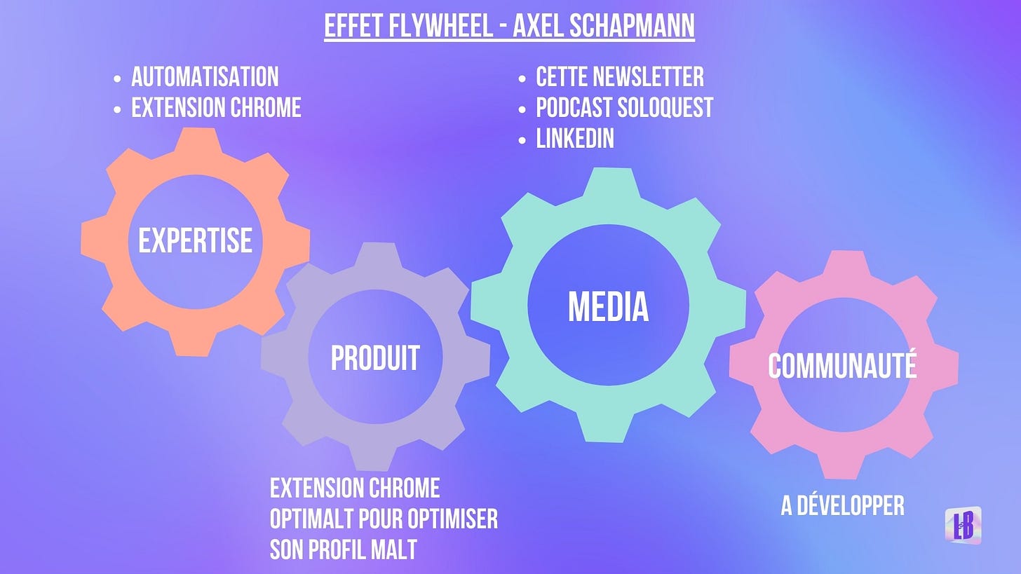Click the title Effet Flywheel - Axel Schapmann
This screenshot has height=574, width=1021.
tap(509, 26)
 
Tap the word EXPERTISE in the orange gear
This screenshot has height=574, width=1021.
tap(195, 240)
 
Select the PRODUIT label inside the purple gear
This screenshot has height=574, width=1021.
tap(375, 357)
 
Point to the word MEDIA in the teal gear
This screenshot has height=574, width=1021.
tap(608, 306)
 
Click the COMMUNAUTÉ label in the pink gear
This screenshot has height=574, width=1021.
tap(842, 365)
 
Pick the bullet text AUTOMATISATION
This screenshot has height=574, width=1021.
tap(205, 76)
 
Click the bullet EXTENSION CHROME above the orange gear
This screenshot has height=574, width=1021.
tap(216, 108)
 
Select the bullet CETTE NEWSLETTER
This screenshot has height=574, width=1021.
tap(620, 76)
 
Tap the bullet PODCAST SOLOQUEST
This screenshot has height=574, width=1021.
tap(624, 108)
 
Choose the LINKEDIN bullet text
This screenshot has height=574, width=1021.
tap(575, 139)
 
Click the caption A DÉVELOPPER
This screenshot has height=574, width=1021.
tap(842, 505)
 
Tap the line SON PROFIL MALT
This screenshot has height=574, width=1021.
tap(343, 550)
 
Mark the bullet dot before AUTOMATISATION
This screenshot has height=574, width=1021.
tap(117, 78)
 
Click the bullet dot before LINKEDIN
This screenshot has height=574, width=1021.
tap(522, 140)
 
